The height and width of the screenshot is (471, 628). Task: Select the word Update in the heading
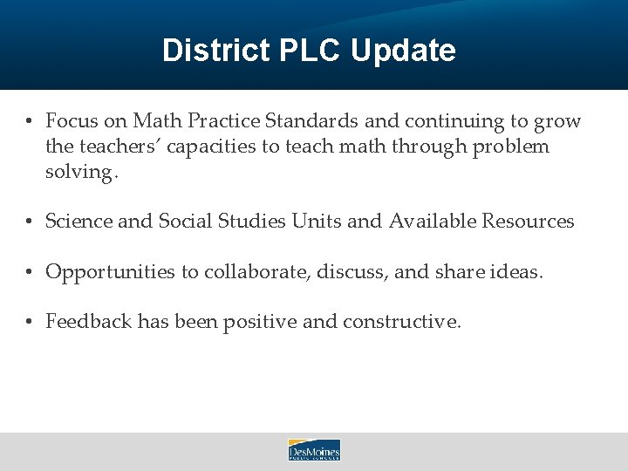click(x=403, y=51)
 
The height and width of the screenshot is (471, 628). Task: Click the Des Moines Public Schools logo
click(x=314, y=450)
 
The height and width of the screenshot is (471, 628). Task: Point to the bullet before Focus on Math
click(x=29, y=121)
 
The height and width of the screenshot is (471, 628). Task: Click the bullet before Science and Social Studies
click(x=29, y=222)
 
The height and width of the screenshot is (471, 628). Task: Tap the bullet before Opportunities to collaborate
click(x=29, y=272)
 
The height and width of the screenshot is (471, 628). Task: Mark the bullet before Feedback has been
click(x=29, y=322)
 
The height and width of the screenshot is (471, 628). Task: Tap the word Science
click(x=78, y=222)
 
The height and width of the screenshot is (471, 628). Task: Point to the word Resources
click(x=526, y=222)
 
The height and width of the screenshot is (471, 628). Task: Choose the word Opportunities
click(x=110, y=272)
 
